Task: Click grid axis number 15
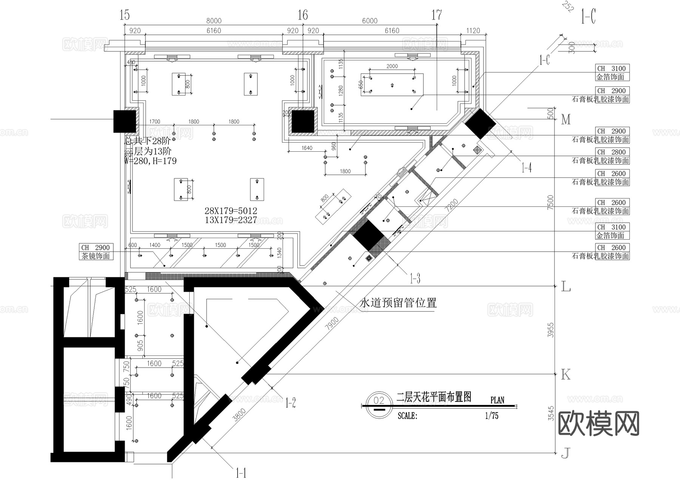124,15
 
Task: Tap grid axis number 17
436,15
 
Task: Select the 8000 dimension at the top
214,21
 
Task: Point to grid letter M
566,120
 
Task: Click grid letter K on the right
565,375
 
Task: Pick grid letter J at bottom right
565,453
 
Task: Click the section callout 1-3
415,279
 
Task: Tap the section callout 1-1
241,473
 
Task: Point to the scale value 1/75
491,416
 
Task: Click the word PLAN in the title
497,400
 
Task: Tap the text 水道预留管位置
398,303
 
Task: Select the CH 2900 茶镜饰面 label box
96,252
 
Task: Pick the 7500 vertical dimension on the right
550,202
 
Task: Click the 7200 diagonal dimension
451,205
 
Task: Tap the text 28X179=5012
230,211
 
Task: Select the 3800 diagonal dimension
240,414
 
